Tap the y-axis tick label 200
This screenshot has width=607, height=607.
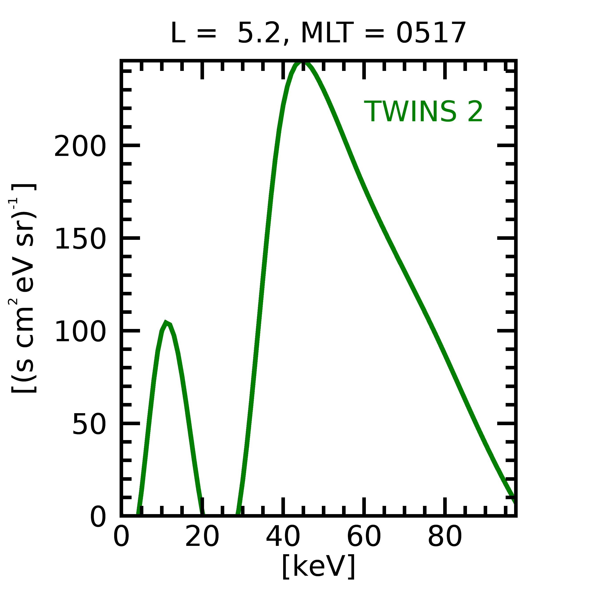pyautogui.click(x=80, y=146)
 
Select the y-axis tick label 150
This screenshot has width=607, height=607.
pyautogui.click(x=80, y=239)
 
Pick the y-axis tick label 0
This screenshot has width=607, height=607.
pyautogui.click(x=98, y=517)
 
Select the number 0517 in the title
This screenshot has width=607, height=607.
pyautogui.click(x=431, y=33)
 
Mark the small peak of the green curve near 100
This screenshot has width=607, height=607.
pyautogui.click(x=166, y=323)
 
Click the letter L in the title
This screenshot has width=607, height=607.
pyautogui.click(x=178, y=33)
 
